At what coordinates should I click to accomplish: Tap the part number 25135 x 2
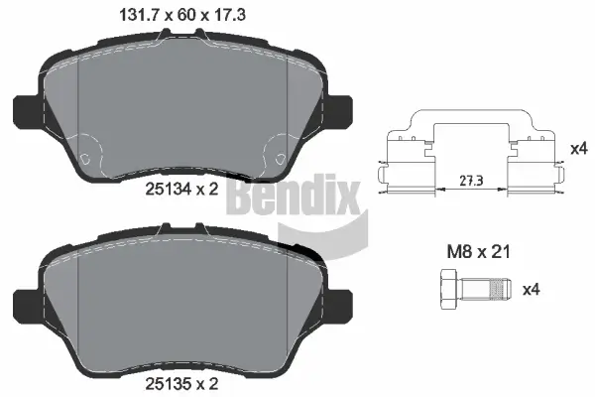click(181, 380)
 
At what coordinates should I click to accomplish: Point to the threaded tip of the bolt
click(501, 290)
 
